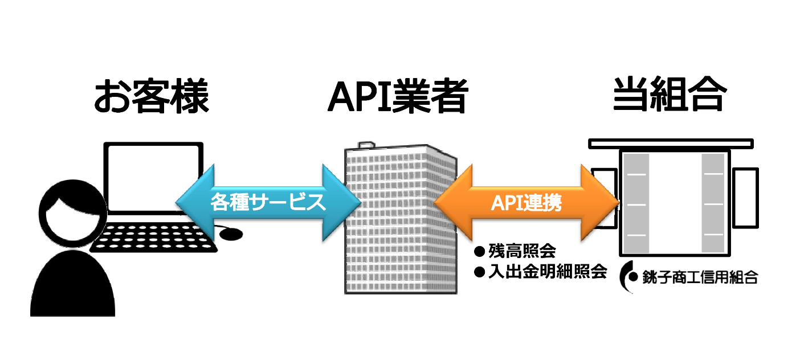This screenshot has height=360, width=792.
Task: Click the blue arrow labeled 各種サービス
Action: tap(268, 202)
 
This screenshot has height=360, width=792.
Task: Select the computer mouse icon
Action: tap(231, 234)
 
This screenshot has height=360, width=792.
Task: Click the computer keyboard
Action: tap(154, 238)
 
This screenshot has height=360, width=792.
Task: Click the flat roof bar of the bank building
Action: tap(671, 143)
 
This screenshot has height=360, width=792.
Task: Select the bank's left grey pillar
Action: tap(636, 203)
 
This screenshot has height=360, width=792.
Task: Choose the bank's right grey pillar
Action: tap(712, 203)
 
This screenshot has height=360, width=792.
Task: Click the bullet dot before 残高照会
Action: tap(479, 251)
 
